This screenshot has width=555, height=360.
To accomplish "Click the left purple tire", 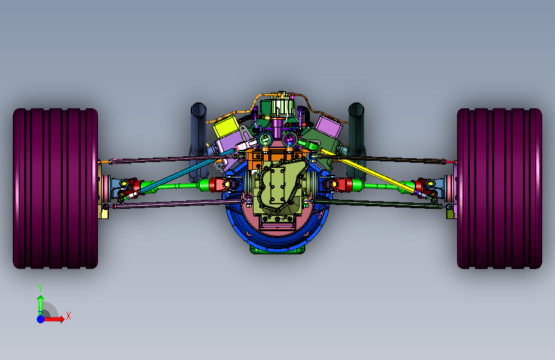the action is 55,188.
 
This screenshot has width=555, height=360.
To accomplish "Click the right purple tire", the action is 499,188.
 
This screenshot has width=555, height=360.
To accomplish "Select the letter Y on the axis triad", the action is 40,288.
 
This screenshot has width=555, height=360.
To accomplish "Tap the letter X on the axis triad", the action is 68,316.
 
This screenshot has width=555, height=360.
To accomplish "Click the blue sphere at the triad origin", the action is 41,319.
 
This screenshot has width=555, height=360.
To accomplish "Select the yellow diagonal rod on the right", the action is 368,171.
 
